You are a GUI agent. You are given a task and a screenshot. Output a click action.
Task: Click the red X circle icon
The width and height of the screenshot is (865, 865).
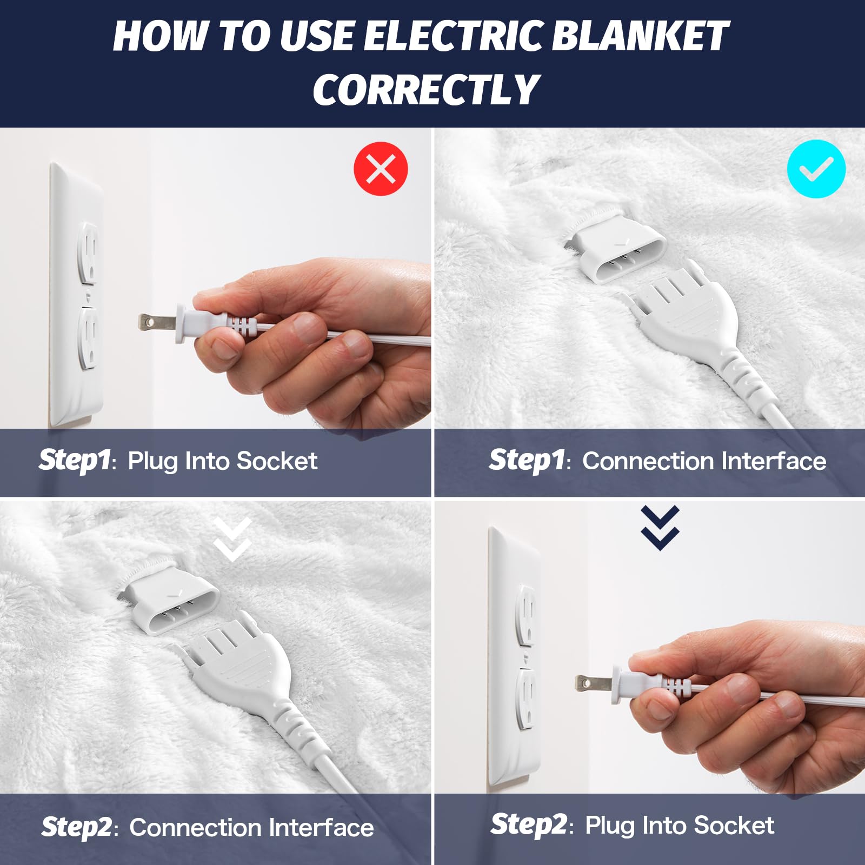point(381,169)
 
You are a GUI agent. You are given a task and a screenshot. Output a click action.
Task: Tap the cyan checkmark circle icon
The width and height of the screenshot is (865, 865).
point(816,169)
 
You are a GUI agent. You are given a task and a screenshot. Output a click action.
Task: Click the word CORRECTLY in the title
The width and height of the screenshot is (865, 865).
point(426,89)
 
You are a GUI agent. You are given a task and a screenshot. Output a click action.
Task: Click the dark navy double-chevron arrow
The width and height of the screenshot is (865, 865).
point(660,528)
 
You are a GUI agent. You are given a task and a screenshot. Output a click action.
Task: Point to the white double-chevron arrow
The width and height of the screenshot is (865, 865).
point(232,539)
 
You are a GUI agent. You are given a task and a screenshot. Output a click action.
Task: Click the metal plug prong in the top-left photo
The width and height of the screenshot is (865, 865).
point(156,323)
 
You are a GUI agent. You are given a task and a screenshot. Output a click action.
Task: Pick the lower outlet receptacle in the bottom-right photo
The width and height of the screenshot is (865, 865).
point(526,698)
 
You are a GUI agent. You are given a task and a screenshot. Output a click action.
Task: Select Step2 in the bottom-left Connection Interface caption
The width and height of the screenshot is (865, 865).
point(77,827)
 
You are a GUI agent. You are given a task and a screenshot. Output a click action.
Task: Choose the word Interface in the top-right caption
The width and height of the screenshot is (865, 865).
point(773,461)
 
